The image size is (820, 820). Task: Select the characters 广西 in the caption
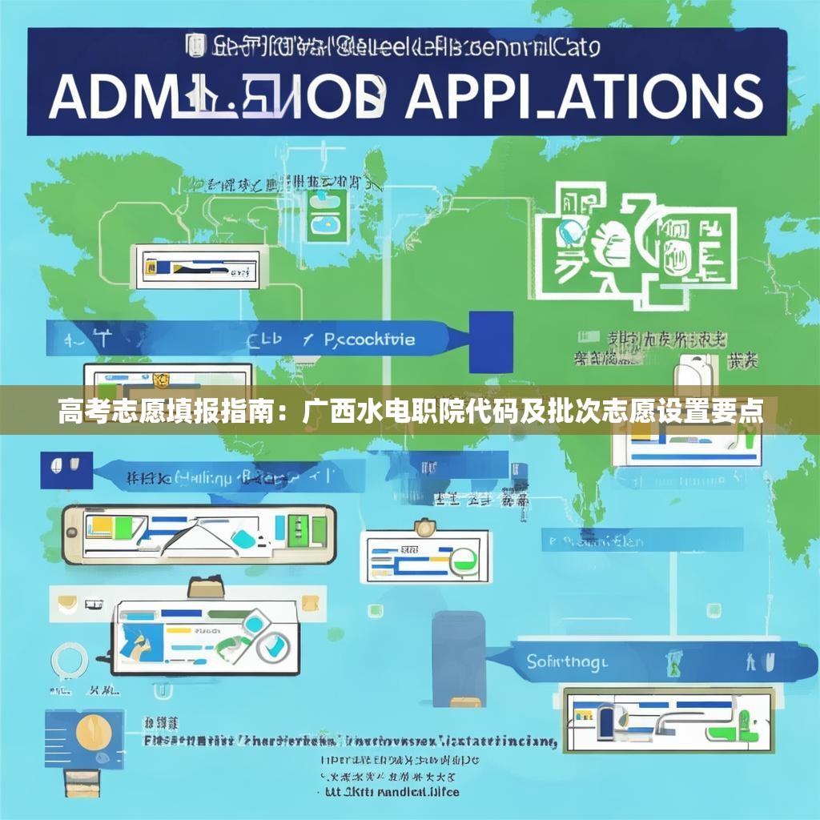click(x=326, y=412)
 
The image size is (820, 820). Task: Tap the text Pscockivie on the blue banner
click(x=370, y=340)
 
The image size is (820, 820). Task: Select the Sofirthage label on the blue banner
click(x=568, y=661)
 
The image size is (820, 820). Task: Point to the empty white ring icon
click(x=70, y=661)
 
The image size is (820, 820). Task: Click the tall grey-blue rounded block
click(x=459, y=658)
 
